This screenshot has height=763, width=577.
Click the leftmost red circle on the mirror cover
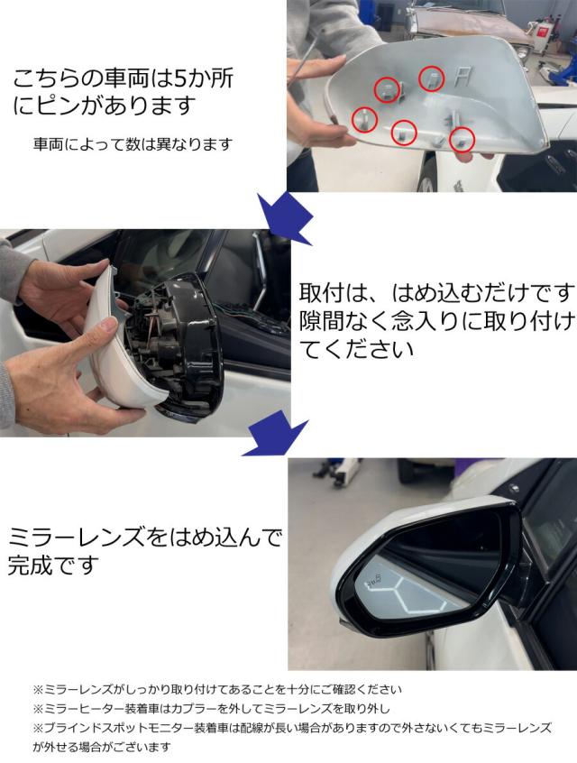pyautogui.click(x=364, y=118)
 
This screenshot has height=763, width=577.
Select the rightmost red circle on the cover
pyautogui.click(x=462, y=138)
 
